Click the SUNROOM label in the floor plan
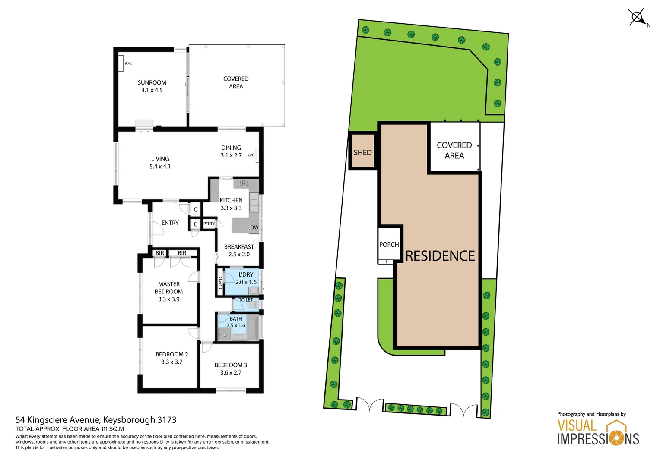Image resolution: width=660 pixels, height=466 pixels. (x=152, y=82)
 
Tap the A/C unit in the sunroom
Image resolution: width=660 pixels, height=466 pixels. (x=121, y=63)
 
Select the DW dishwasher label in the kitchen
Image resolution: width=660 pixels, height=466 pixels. (x=254, y=227)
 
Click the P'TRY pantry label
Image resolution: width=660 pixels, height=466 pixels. (x=209, y=224)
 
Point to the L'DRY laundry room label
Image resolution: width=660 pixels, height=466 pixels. (x=246, y=274)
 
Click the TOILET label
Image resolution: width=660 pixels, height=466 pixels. (x=245, y=299)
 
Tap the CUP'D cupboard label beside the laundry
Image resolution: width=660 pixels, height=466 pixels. (x=220, y=283)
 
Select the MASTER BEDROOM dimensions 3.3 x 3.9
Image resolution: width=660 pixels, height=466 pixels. (x=168, y=299)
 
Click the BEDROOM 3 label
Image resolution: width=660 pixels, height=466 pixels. (x=231, y=365)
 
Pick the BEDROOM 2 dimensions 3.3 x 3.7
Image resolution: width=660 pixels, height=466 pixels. (x=171, y=362)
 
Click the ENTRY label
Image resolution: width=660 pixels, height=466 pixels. (x=170, y=223)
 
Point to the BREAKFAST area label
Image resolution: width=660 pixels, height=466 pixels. (x=239, y=247)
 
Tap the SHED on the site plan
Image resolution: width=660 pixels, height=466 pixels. (x=362, y=152)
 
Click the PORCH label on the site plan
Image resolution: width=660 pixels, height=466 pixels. (x=389, y=245)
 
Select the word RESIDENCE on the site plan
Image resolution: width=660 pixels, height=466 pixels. (x=440, y=256)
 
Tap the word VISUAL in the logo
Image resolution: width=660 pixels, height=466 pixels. (x=577, y=425)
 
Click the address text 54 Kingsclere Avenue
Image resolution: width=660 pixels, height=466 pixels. (x=58, y=420)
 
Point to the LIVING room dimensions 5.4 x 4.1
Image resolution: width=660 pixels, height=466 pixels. (x=160, y=167)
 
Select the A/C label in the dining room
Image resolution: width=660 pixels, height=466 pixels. (x=251, y=155)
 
